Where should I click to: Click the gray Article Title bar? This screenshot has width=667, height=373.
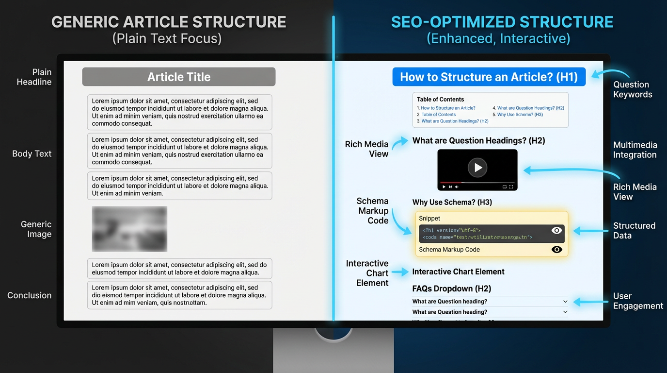(x=178, y=77)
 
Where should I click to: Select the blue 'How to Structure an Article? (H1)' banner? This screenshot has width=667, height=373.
(x=489, y=77)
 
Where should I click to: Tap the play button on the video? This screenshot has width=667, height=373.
(x=477, y=168)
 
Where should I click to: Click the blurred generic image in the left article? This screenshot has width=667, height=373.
(x=129, y=229)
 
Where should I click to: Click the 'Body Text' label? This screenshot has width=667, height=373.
(x=32, y=153)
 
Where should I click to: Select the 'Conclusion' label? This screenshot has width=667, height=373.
(x=29, y=295)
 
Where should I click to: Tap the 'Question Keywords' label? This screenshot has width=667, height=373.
(x=632, y=89)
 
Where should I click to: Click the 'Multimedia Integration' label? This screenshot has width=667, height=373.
(x=635, y=150)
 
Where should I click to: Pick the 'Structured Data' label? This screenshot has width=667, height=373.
(x=634, y=230)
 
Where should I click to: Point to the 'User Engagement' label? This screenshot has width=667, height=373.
(x=637, y=301)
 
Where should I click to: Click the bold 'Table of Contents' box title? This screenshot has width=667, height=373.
(x=440, y=99)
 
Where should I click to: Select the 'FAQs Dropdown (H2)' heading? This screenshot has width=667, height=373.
(x=451, y=288)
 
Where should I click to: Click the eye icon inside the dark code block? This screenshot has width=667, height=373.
(x=556, y=231)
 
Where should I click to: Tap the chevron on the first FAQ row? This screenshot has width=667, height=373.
(x=565, y=302)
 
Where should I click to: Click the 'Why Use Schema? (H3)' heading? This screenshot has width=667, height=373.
(x=452, y=202)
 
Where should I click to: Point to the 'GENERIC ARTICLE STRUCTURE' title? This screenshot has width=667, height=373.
(x=168, y=22)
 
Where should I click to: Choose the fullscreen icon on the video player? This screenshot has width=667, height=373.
(x=511, y=187)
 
